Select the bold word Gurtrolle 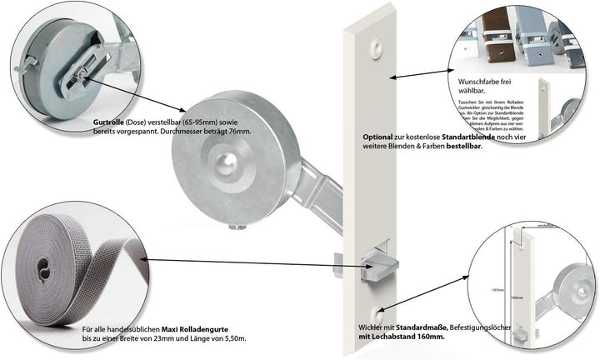(x=111, y=122)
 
